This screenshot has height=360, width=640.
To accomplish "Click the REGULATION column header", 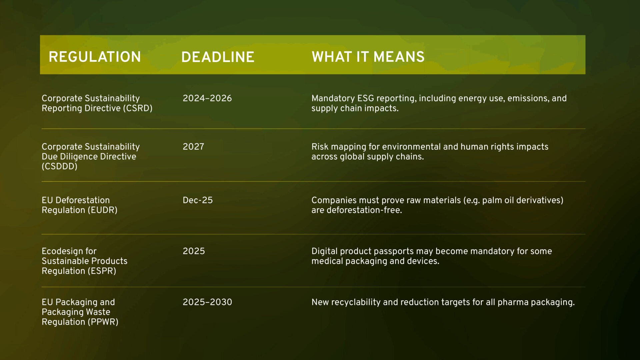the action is point(95,57).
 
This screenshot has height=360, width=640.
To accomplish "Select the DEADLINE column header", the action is point(218,57).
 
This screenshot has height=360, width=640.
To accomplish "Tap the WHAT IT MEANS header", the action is point(368,57).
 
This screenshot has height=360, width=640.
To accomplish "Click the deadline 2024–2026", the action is point(207,98).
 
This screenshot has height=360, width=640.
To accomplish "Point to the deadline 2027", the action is point(193,147).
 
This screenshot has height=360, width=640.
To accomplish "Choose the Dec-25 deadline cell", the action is point(198,200).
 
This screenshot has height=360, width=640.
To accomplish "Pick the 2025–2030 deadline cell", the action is point(207,302).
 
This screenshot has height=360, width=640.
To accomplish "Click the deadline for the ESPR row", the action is point(194,251).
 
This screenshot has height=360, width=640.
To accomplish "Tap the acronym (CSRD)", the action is point(138,108).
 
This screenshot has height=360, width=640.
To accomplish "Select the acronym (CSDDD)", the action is point(60,166).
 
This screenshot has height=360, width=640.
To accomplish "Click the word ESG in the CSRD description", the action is point(366,98).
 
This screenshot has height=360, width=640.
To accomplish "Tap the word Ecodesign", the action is point(69,251).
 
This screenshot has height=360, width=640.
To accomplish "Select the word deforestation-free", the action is point(364,210).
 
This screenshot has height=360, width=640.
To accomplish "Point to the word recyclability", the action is point(356,302).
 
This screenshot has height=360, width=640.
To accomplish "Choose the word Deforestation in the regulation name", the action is point(83,200).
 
